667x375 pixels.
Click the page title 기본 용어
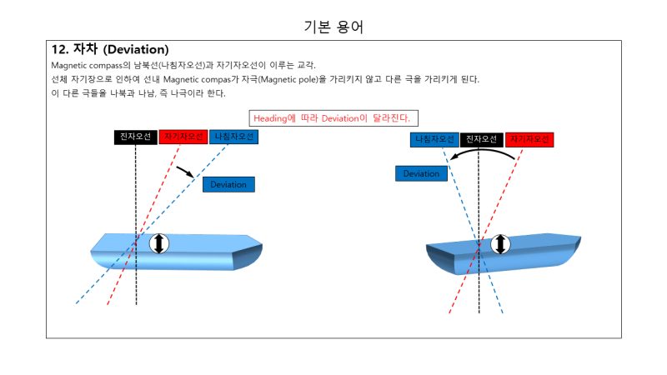tap(333, 27)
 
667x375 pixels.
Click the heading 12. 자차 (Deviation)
tap(110, 49)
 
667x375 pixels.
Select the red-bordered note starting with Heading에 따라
tap(333, 117)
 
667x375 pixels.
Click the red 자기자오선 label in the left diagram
tap(183, 137)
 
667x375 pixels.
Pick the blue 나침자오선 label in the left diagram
tap(233, 137)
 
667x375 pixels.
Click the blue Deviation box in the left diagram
tap(228, 184)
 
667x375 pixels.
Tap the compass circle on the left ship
tap(159, 243)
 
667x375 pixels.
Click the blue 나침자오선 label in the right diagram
tap(434, 139)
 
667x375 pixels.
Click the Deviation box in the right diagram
tap(421, 173)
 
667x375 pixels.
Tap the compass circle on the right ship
tap(499, 244)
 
